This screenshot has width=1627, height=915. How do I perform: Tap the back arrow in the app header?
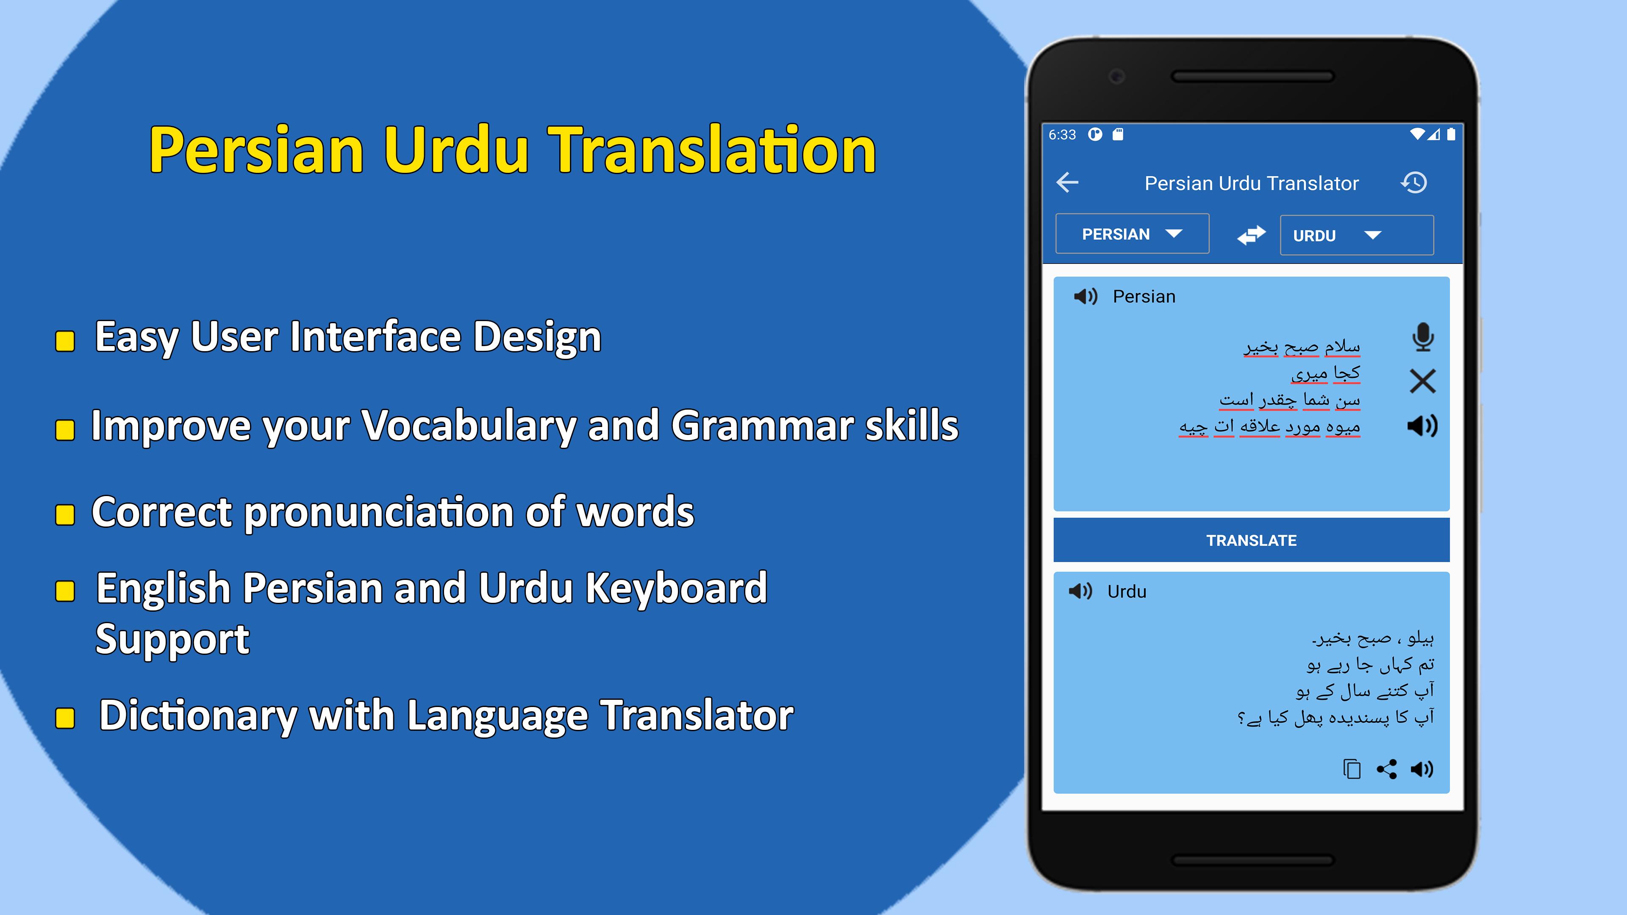click(x=1067, y=183)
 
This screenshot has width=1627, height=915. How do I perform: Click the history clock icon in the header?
click(x=1414, y=183)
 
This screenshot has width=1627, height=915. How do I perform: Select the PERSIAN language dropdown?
click(x=1132, y=234)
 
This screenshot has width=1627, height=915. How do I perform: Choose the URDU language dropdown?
click(x=1357, y=236)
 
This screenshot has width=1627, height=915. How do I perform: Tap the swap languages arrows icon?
click(x=1251, y=235)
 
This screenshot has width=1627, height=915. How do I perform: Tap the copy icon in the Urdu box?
click(x=1352, y=768)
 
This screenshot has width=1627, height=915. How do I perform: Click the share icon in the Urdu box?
click(x=1387, y=768)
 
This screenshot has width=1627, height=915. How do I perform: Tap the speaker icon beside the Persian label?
click(x=1086, y=296)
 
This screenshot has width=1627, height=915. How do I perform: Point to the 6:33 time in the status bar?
click(x=1062, y=135)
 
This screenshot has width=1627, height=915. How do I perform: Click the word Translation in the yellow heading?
click(x=712, y=150)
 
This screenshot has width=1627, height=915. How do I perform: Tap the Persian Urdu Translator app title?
click(x=1251, y=183)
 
